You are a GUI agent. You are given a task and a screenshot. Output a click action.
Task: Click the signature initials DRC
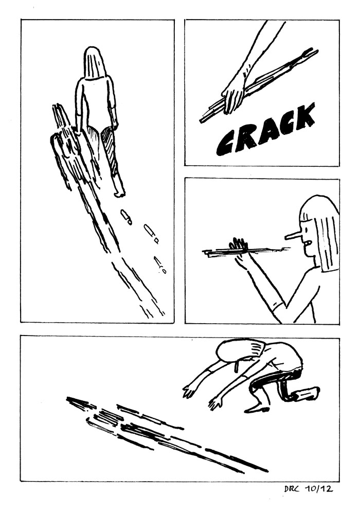(292, 489)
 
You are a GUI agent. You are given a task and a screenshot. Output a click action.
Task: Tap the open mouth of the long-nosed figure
(307, 243)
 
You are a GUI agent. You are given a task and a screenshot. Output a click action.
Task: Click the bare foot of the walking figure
(119, 192)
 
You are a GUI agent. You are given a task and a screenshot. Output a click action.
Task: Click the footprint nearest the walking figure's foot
(127, 217)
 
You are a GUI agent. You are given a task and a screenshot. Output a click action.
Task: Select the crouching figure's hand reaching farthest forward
(188, 391)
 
